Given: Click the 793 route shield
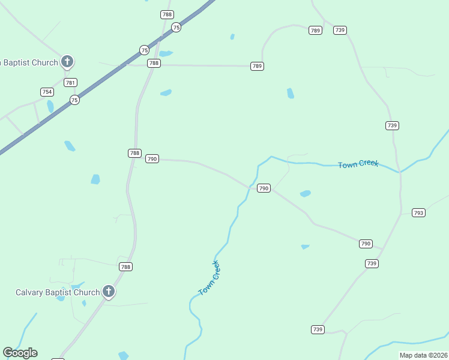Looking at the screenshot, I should tap(418, 212).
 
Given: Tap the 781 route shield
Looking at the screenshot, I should tap(70, 83).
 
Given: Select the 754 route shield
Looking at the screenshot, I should tap(47, 92).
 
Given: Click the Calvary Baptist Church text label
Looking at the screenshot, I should tap(58, 293).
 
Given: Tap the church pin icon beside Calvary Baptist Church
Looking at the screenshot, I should tap(109, 292).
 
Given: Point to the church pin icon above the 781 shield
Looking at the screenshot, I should tap(67, 61).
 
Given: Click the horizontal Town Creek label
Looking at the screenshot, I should tap(358, 164).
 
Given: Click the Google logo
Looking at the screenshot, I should tap(20, 353).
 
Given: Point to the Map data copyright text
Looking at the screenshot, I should tap(423, 355).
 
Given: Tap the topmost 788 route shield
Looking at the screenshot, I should tap(167, 14).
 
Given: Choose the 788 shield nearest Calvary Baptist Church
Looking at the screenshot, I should tap(125, 266).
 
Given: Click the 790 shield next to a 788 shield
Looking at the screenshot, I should tap(152, 158).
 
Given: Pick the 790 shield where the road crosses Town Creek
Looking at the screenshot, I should tap(264, 188).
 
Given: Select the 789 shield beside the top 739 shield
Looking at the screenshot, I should tap(315, 30).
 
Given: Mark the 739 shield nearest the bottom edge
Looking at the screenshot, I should tap(318, 329).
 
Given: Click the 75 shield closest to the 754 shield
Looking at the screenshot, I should tap(74, 100).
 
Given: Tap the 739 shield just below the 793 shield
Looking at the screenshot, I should tap(372, 263).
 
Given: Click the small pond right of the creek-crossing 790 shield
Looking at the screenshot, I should tap(306, 194).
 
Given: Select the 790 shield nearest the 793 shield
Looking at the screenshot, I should tap(366, 244).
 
